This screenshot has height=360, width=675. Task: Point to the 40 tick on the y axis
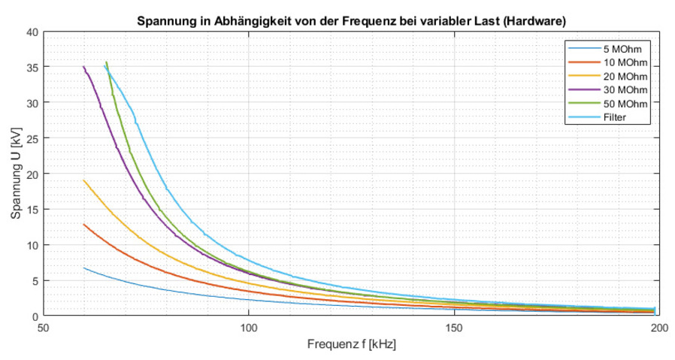(x=32, y=32)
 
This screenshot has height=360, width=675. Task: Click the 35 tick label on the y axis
(x=32, y=67)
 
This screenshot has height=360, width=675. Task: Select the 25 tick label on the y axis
(x=32, y=138)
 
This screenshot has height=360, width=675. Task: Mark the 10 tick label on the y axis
(x=32, y=245)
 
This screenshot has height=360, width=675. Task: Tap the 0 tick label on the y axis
(x=34, y=316)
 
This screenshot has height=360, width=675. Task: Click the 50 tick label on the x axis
(x=44, y=328)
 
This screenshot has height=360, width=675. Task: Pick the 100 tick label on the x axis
(x=249, y=328)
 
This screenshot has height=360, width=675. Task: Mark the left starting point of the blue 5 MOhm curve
(x=84, y=268)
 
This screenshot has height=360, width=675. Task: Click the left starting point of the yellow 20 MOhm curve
(x=84, y=180)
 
